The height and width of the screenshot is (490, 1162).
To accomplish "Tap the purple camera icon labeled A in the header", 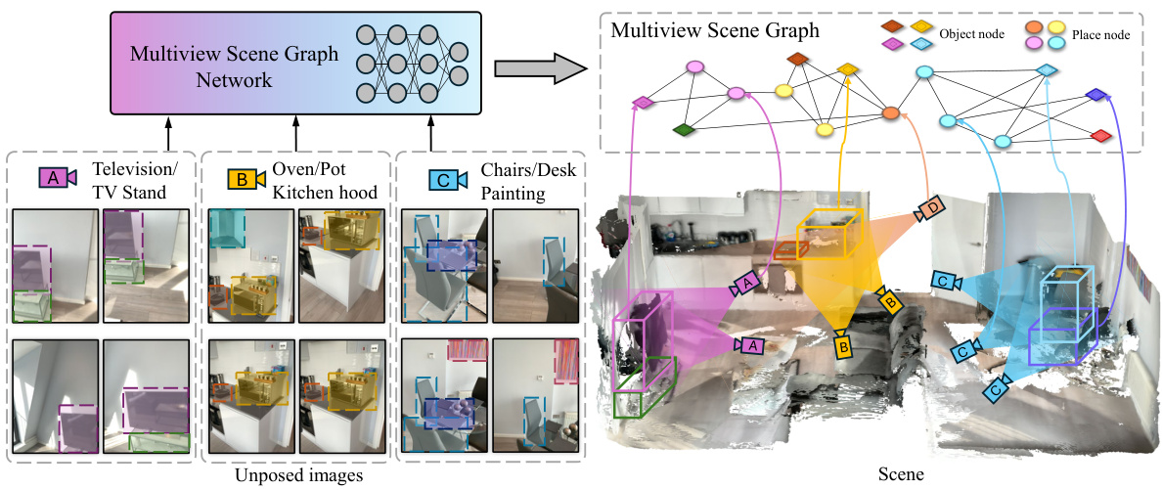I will click(x=56, y=177).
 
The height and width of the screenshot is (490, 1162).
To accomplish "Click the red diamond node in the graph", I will click(x=1100, y=134).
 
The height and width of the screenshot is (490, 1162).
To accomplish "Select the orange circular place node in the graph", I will click(x=890, y=113).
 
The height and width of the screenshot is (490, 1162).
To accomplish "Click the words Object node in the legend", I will click(x=971, y=34).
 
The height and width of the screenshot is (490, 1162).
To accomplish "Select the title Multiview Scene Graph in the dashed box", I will click(x=715, y=30).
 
